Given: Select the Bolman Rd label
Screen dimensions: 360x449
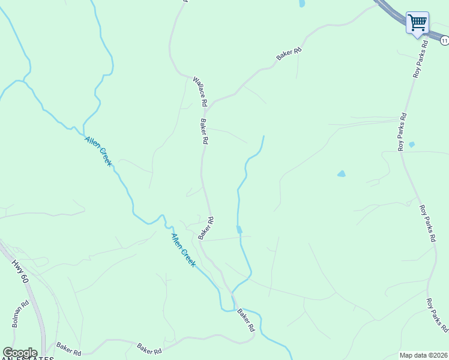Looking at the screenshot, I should tap(20, 314).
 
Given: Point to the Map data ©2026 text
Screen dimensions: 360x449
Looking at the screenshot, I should tap(423, 355).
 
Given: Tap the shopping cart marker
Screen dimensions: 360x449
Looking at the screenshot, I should tap(417, 23).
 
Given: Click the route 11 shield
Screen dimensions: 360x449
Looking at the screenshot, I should tap(444, 40).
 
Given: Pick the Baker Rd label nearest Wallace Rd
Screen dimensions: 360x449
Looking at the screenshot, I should tap(204, 131).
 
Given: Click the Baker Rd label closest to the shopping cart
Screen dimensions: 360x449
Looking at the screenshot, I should tap(289, 54).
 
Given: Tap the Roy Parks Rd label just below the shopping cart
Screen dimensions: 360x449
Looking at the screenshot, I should tap(420, 60).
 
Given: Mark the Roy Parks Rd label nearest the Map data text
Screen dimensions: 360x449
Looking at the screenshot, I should tap(437, 316).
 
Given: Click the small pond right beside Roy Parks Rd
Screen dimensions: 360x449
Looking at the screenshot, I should tap(411, 145).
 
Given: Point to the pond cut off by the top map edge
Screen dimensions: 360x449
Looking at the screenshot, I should tap(301, 3).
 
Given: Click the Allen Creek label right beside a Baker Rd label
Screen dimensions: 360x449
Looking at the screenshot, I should tap(183, 249).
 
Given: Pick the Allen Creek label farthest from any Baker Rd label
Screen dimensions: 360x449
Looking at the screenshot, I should tap(98, 151).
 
